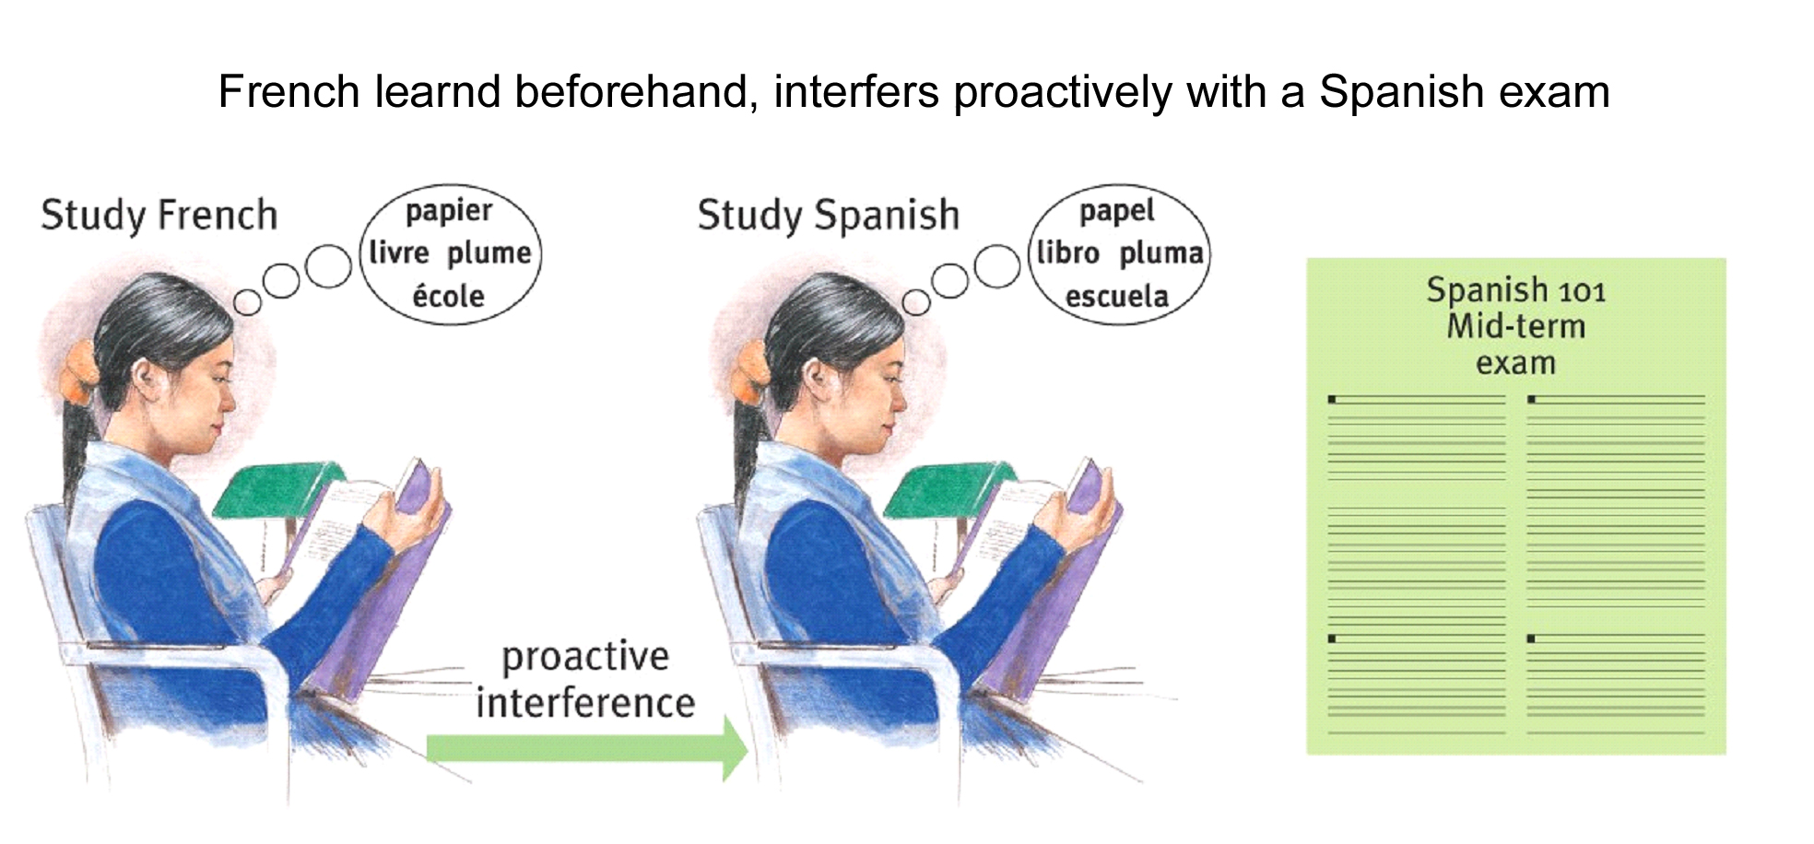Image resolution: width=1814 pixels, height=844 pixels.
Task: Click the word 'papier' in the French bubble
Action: (449, 212)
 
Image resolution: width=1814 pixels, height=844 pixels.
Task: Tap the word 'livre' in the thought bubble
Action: (399, 252)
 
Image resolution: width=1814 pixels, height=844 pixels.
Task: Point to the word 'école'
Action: (448, 296)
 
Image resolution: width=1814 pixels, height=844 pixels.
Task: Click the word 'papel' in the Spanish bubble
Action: (1116, 212)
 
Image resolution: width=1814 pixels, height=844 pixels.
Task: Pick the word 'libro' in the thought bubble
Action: (1068, 252)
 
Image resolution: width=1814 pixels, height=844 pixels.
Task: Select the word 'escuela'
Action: (1116, 297)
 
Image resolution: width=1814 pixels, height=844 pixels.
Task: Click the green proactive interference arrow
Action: (587, 748)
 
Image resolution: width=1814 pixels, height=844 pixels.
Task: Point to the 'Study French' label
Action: (159, 216)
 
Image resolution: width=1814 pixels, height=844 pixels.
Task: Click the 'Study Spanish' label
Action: (828, 216)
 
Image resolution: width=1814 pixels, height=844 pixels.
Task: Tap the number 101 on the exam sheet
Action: (1582, 292)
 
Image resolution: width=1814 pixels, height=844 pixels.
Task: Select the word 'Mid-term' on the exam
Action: (1516, 326)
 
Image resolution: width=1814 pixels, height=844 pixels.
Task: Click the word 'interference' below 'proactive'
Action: (585, 703)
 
